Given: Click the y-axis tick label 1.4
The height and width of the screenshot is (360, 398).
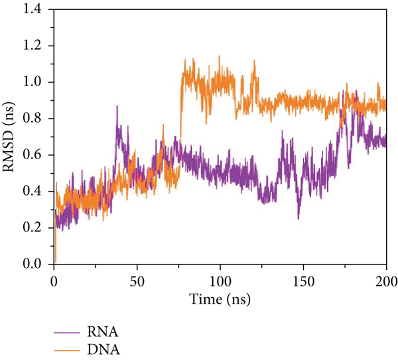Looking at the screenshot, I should click(37, 10).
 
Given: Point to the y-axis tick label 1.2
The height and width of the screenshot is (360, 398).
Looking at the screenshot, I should click(37, 46).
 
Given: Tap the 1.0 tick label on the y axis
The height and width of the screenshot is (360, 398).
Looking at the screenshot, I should click(37, 82).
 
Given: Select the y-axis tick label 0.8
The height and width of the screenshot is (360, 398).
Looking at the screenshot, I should click(37, 119).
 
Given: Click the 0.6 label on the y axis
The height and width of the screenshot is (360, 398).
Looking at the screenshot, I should click(37, 155).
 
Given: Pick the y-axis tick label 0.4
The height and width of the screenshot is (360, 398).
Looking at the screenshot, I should click(37, 192).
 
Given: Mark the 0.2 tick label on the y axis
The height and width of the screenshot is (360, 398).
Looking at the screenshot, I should click(37, 228).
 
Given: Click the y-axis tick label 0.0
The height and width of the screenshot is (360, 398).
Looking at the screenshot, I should click(37, 265).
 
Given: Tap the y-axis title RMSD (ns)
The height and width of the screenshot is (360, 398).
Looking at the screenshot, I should click(12, 137).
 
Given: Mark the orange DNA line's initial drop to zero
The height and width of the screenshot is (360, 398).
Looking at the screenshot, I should click(56, 261).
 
